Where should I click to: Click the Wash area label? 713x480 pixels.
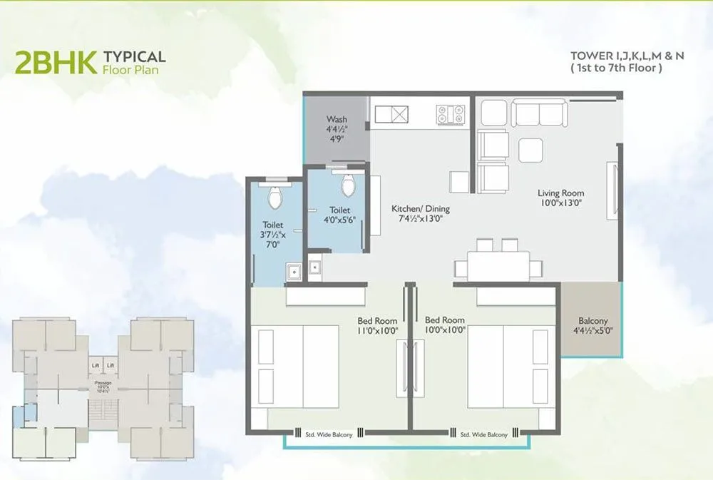click(x=337, y=119)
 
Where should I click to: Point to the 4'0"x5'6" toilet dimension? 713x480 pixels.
click(x=339, y=220)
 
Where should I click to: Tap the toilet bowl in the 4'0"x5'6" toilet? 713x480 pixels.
click(x=348, y=185)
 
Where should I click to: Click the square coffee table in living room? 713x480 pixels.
click(x=530, y=150)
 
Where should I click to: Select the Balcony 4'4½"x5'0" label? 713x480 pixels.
click(x=593, y=325)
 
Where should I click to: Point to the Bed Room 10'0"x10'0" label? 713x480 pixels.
click(x=444, y=325)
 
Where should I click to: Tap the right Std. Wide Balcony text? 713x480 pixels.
click(x=483, y=434)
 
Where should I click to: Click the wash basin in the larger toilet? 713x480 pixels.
click(x=292, y=271)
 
